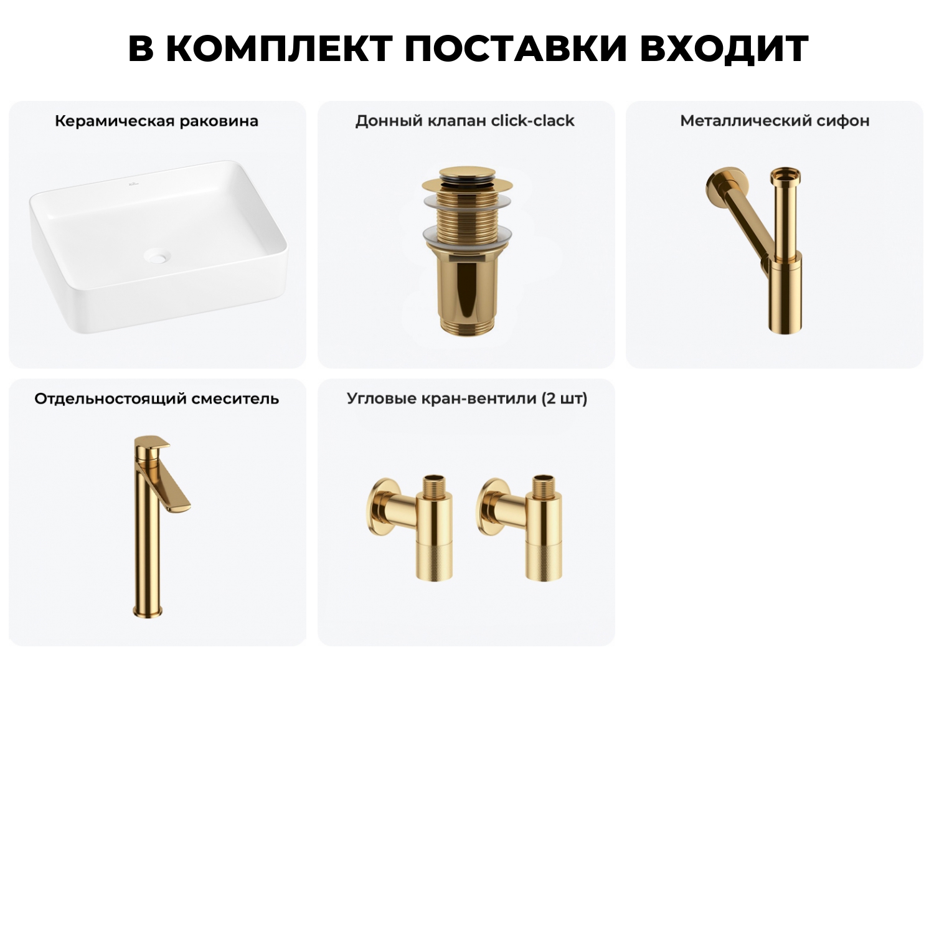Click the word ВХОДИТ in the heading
[724, 49]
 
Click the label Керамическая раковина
[156, 121]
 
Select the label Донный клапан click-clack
[465, 121]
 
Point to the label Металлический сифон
[774, 121]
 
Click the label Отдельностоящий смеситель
[156, 399]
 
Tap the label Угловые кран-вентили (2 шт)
[466, 399]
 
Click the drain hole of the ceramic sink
[157, 255]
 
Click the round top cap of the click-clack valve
[466, 174]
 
